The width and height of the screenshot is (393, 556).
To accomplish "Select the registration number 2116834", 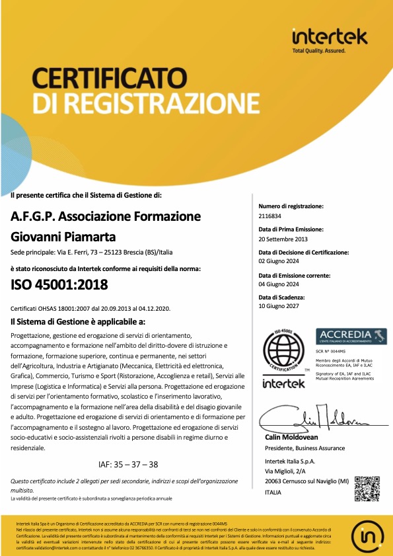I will click(x=271, y=216).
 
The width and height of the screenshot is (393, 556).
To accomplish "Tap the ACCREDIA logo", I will click(x=350, y=335).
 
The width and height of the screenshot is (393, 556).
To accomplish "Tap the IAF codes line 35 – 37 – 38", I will click(x=127, y=464).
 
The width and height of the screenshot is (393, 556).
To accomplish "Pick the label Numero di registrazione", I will click(x=291, y=206).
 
